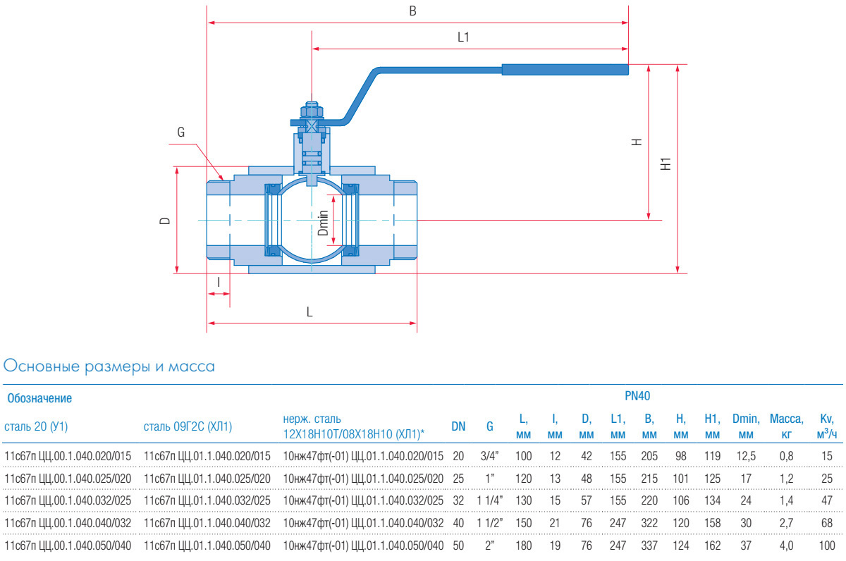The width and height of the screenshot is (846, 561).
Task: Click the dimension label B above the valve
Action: tap(413, 11)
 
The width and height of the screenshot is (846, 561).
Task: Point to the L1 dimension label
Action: tap(463, 38)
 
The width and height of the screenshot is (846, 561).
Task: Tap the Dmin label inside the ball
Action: tap(323, 223)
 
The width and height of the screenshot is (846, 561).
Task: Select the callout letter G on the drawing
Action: tap(180, 132)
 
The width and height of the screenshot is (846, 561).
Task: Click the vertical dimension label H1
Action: tap(665, 165)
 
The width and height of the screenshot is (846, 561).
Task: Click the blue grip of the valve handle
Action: tap(564, 69)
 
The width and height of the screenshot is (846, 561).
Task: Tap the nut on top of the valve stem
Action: tap(311, 111)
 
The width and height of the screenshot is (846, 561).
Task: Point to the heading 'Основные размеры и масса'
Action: tap(109, 366)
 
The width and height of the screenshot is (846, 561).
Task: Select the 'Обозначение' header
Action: tap(39, 399)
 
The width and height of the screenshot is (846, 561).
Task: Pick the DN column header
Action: tap(458, 426)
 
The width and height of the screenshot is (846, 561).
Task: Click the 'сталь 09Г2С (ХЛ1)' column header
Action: tap(188, 426)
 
